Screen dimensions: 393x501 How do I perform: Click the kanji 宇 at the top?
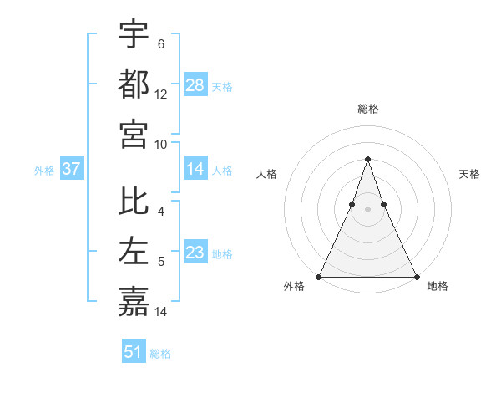[134, 33]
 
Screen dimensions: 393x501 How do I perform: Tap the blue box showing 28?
[195, 85]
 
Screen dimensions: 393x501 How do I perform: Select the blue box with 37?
[72, 170]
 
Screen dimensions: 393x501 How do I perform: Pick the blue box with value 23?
[195, 253]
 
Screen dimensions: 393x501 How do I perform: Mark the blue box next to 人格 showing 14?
[195, 170]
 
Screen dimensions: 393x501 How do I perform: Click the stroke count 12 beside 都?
[161, 94]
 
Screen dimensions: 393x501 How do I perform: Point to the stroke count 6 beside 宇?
[161, 44]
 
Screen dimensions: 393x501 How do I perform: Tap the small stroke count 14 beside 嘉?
[161, 312]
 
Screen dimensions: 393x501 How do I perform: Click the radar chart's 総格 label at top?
[368, 109]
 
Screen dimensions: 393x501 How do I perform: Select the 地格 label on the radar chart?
[438, 286]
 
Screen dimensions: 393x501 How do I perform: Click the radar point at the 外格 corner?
[320, 277]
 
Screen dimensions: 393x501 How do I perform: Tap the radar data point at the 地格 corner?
[416, 277]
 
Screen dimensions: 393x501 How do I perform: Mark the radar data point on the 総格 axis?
[368, 159]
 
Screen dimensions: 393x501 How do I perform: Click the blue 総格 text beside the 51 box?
[160, 354]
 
